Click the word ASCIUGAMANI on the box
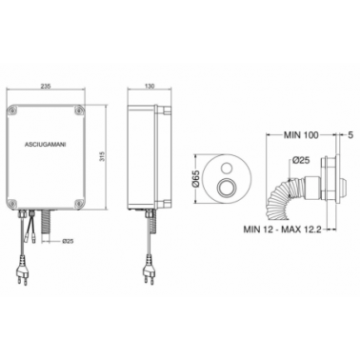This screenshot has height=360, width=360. [46, 144]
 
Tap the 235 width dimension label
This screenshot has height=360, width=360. [46, 86]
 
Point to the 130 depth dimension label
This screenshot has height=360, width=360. [150, 86]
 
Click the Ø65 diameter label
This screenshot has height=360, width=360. [195, 180]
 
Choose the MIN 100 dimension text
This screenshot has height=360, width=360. [301, 135]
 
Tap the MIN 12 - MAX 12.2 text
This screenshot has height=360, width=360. [282, 229]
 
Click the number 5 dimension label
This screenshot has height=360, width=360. [350, 135]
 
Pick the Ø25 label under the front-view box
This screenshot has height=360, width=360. [69, 241]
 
